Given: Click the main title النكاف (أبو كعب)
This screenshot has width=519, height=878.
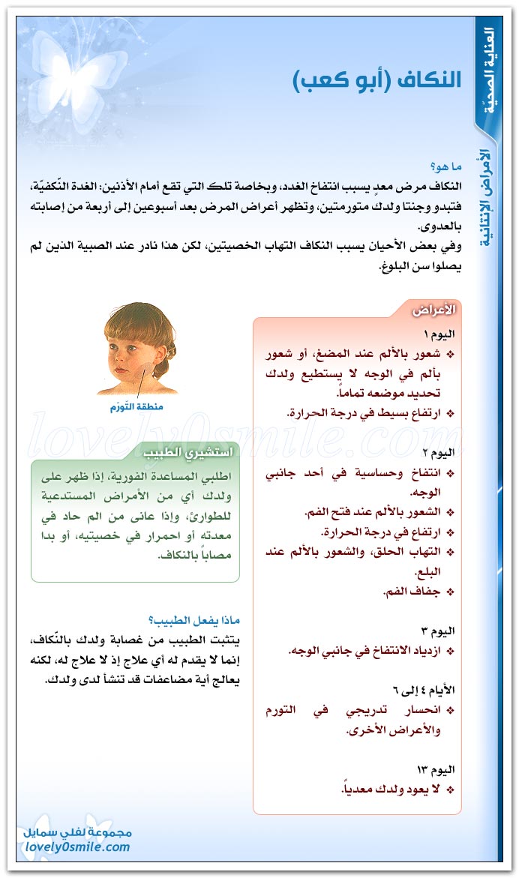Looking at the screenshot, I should coord(377,80).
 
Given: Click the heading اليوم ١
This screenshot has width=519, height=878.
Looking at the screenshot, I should coord(440,333).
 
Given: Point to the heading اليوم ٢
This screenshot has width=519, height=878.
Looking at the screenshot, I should coord(440,452).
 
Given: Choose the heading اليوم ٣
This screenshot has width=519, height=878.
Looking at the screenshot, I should coord(440,631).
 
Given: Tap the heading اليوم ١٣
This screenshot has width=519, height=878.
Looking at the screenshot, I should coord(438,769).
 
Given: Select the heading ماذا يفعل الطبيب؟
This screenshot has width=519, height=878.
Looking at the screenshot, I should coord(194,621).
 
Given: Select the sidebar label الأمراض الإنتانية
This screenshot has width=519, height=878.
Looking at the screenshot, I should coord(487,199).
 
